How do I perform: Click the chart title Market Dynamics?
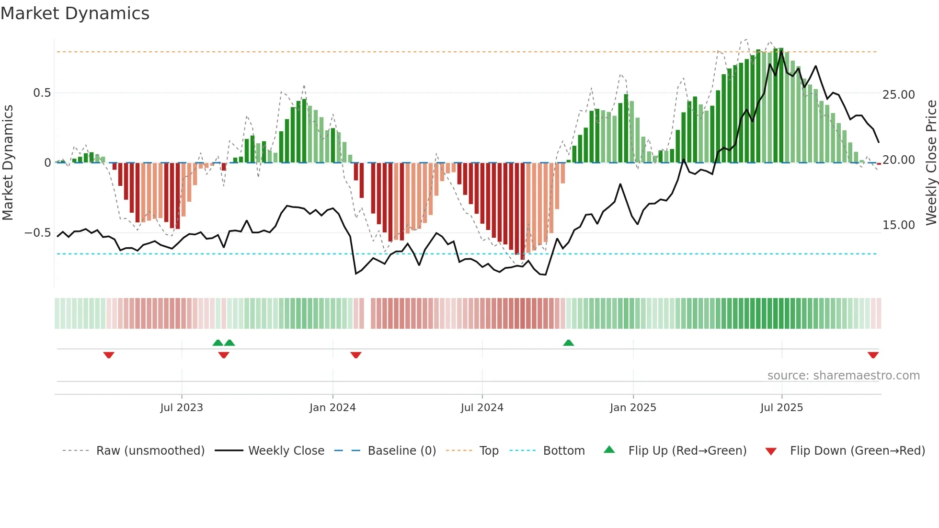75,13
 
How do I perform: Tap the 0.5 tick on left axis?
42,93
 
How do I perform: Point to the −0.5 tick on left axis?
37,233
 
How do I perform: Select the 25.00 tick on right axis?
898,95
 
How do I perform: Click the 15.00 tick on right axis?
898,225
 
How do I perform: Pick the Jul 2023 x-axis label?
182,408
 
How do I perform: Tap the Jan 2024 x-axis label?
332,408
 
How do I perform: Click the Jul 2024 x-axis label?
482,408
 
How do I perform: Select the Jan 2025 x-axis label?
633,408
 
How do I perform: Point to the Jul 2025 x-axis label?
781,408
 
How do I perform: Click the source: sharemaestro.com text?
843,376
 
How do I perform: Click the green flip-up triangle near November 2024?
568,343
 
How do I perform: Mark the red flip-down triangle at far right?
873,355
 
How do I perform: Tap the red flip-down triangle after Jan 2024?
355,355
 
